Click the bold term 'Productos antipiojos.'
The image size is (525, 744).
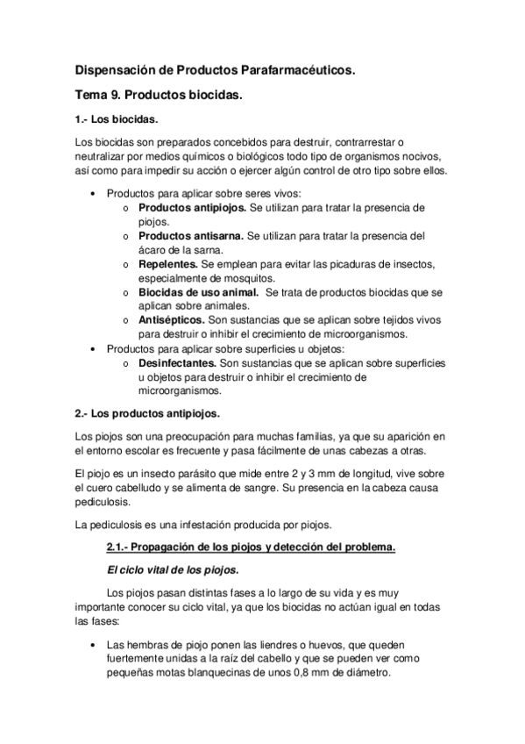click(x=193, y=208)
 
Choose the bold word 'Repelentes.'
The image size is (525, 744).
click(x=167, y=264)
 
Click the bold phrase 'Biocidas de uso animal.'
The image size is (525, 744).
click(x=198, y=292)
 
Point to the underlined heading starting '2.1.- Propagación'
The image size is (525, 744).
click(x=250, y=548)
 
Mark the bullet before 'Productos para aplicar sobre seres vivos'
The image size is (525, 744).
click(x=93, y=194)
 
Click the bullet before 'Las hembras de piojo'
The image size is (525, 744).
click(x=93, y=645)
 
